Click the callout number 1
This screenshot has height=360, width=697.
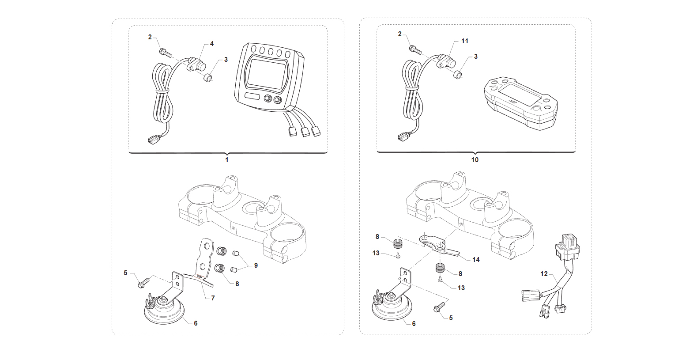pyautogui.click(x=227, y=160)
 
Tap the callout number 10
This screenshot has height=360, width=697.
pyautogui.click(x=475, y=160)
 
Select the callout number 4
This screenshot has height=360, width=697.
pyautogui.click(x=212, y=44)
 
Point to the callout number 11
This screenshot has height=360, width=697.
pyautogui.click(x=464, y=41)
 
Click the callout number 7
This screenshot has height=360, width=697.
pyautogui.click(x=213, y=298)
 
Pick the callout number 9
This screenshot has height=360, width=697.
pyautogui.click(x=256, y=265)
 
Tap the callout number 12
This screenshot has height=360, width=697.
pyautogui.click(x=544, y=274)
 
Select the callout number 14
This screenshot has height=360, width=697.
pyautogui.click(x=476, y=260)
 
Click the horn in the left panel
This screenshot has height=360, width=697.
pyautogui.click(x=164, y=309)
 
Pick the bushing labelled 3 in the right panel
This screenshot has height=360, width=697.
pyautogui.click(x=457, y=75)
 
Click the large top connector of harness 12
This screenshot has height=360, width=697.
pyautogui.click(x=567, y=247)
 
